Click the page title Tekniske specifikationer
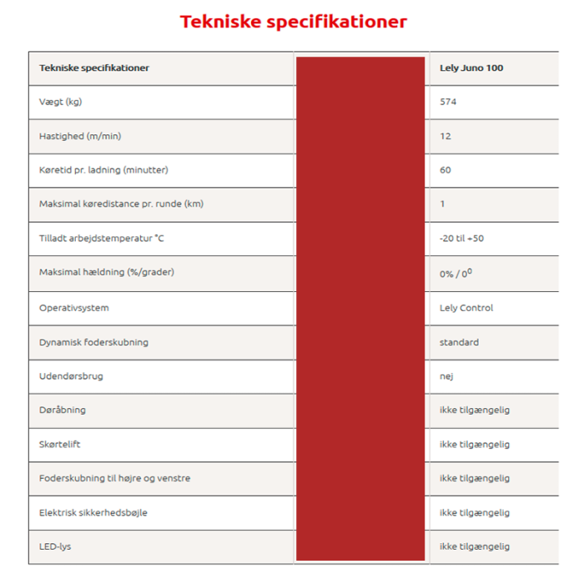[x=294, y=22]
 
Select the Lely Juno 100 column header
[x=471, y=68]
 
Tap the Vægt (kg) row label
[x=60, y=102]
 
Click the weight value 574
[x=448, y=102]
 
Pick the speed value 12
[x=446, y=136]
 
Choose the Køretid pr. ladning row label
[x=103, y=170]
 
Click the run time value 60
[x=446, y=170]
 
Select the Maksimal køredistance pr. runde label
[x=121, y=204]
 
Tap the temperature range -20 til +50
[x=461, y=239]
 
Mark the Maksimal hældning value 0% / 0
[x=456, y=273]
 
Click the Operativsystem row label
[x=73, y=308]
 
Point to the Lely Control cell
[x=466, y=308]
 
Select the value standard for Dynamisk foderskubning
[x=459, y=342]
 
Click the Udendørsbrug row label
[x=71, y=376]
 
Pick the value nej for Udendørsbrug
[x=446, y=376]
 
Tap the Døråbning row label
[x=63, y=410]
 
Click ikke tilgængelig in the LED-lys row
[x=474, y=546]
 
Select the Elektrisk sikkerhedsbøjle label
[x=93, y=512]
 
